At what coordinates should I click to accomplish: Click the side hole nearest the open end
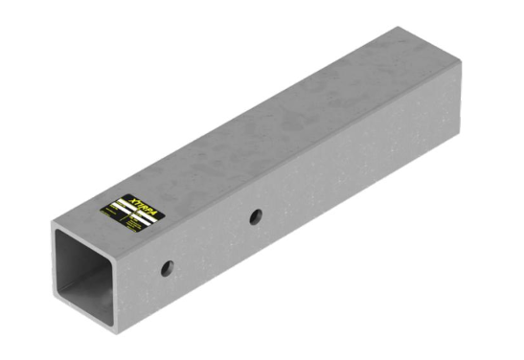[x=168, y=268]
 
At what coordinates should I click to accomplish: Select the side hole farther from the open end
[x=255, y=217]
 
